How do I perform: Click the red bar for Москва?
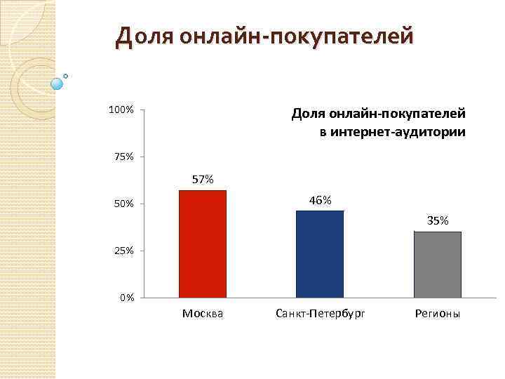pyautogui.click(x=203, y=244)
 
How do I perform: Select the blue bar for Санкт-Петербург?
pyautogui.click(x=320, y=254)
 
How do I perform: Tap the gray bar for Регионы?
pyautogui.click(x=437, y=264)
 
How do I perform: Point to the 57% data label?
pyautogui.click(x=203, y=180)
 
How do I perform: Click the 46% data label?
pyautogui.click(x=320, y=200)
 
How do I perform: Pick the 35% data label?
pyautogui.click(x=438, y=220)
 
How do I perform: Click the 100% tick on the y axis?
pyautogui.click(x=121, y=110)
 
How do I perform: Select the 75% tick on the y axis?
pyautogui.click(x=123, y=157)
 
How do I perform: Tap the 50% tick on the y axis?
pyautogui.click(x=123, y=204)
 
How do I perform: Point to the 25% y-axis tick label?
pyautogui.click(x=123, y=251)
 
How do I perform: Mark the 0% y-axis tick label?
pyautogui.click(x=126, y=298)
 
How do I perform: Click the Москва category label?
pyautogui.click(x=203, y=314)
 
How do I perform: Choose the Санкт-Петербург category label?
pyautogui.click(x=320, y=314)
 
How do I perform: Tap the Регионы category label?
pyautogui.click(x=437, y=314)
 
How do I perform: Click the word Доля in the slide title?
pyautogui.click(x=144, y=35)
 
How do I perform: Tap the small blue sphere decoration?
pyautogui.click(x=57, y=84)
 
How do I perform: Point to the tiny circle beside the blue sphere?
pyautogui.click(x=66, y=75)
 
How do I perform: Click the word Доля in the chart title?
pyautogui.click(x=307, y=114)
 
